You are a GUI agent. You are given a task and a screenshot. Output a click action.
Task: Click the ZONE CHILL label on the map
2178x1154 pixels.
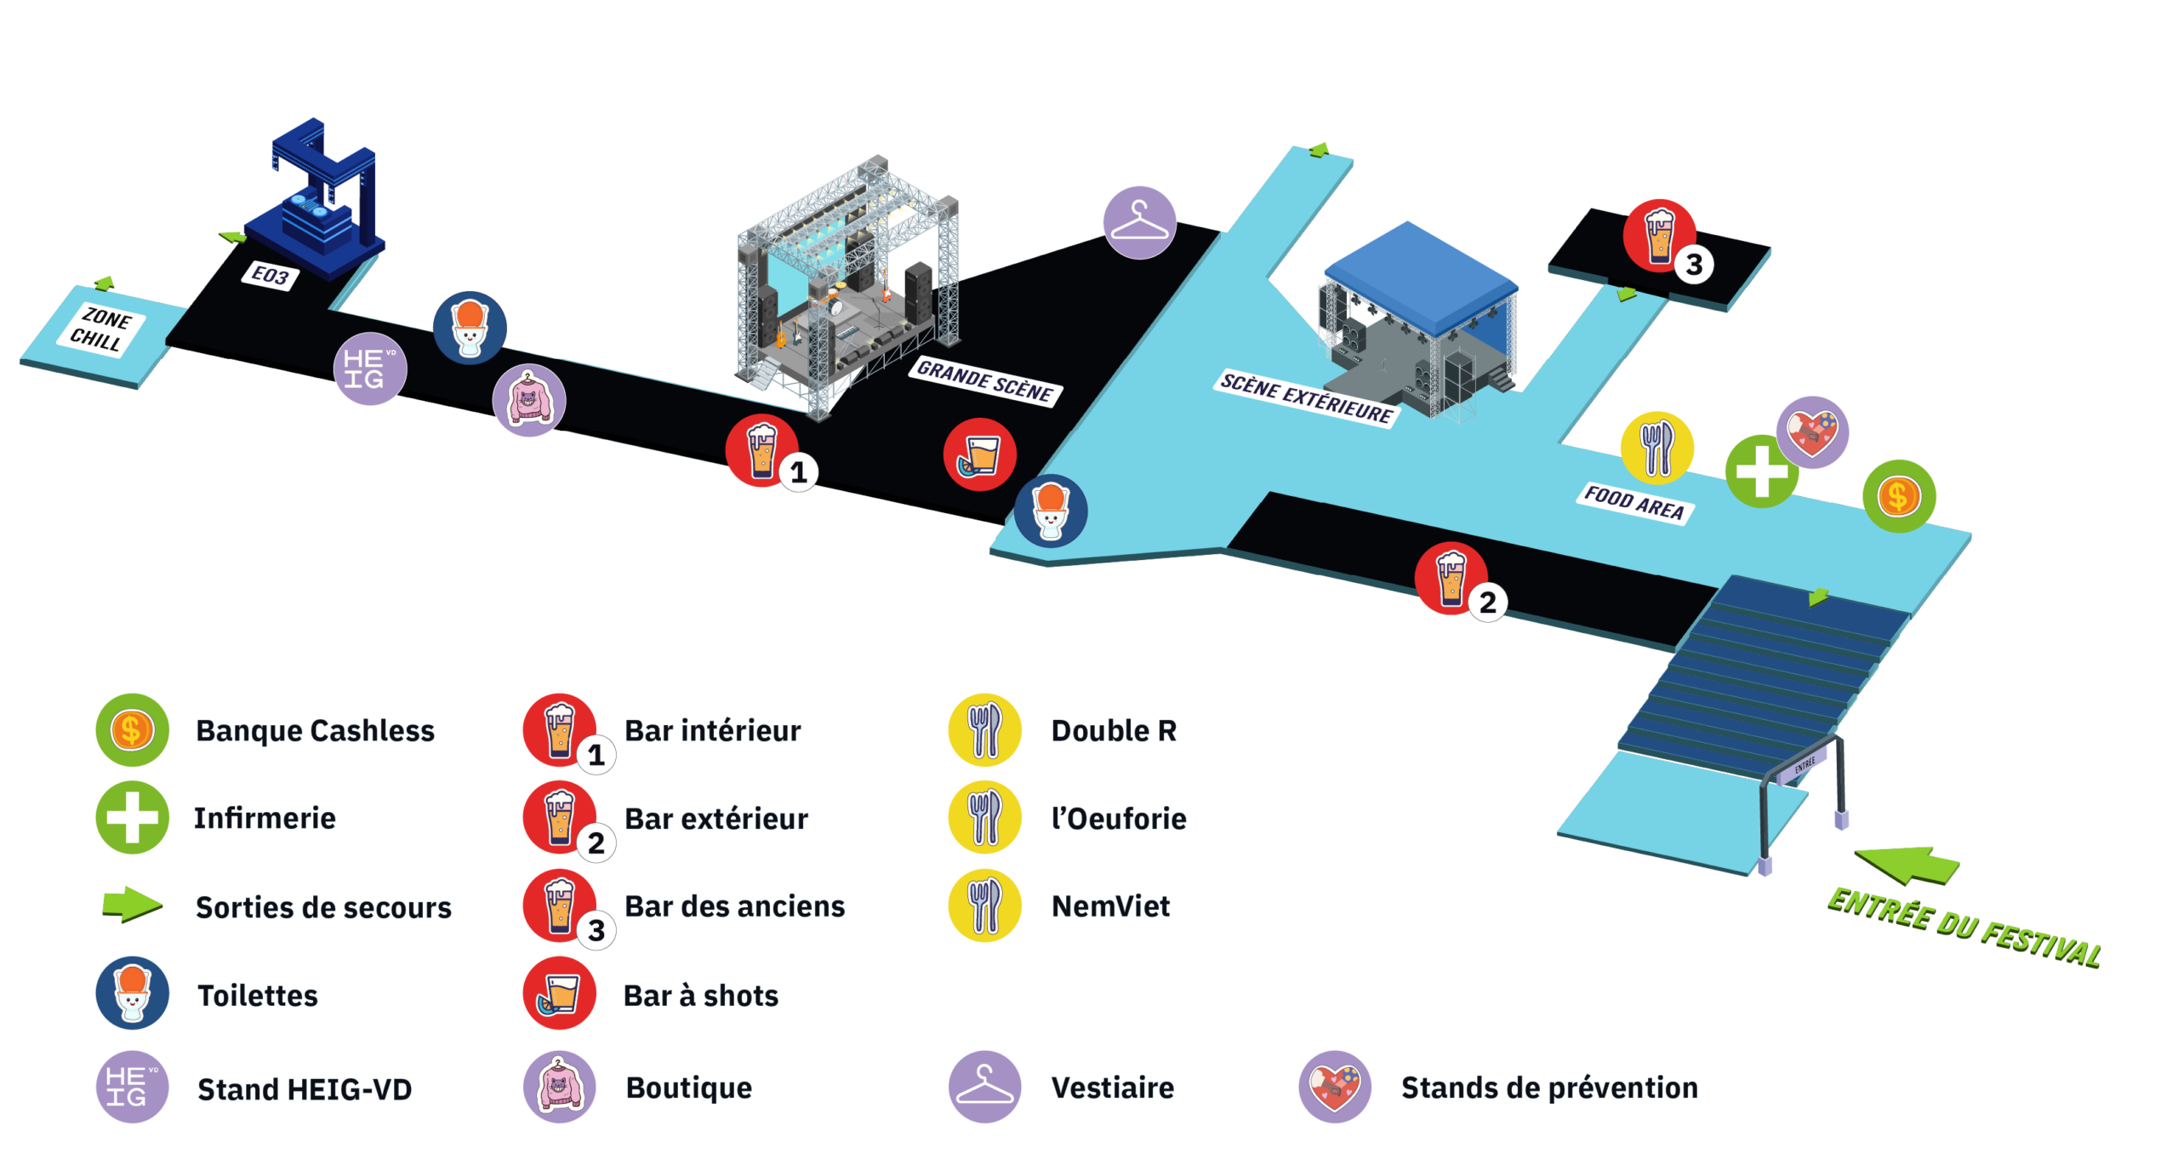point(101,330)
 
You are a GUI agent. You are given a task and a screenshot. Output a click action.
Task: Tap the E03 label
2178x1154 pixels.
point(271,276)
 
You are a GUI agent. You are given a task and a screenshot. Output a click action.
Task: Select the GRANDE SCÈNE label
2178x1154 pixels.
point(984,381)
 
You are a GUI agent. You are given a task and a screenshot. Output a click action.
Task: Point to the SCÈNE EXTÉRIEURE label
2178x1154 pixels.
point(1306,398)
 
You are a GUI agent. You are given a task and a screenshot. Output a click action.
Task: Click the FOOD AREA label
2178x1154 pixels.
point(1633,502)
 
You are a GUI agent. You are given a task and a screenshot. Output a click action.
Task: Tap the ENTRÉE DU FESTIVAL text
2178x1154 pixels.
point(1964,928)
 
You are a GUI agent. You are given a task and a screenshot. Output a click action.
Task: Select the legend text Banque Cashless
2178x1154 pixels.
point(316,730)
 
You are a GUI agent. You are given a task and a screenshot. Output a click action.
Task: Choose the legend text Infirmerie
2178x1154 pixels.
point(265,818)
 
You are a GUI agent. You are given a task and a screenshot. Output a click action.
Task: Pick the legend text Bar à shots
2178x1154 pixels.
point(701,995)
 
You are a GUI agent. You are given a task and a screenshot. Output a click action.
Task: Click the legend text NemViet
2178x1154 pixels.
point(1111,905)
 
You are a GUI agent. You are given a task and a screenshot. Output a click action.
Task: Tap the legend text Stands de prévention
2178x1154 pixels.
point(1548,1087)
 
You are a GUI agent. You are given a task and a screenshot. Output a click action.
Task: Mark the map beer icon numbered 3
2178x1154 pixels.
point(1659,235)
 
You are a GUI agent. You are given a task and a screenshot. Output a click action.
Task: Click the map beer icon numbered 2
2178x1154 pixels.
point(1451,578)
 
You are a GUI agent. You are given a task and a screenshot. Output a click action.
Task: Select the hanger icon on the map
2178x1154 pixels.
point(1139,221)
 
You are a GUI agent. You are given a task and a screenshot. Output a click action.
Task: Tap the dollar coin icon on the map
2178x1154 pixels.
point(1899,495)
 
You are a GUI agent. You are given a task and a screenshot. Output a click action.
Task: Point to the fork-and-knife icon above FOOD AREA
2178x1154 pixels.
point(1656,448)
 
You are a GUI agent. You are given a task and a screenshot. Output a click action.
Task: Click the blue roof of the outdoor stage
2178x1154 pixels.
point(1421,277)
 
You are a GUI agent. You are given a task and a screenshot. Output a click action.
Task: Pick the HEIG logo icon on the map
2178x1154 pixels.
point(370,368)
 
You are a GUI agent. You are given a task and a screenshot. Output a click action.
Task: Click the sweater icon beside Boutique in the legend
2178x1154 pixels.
point(559,1087)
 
